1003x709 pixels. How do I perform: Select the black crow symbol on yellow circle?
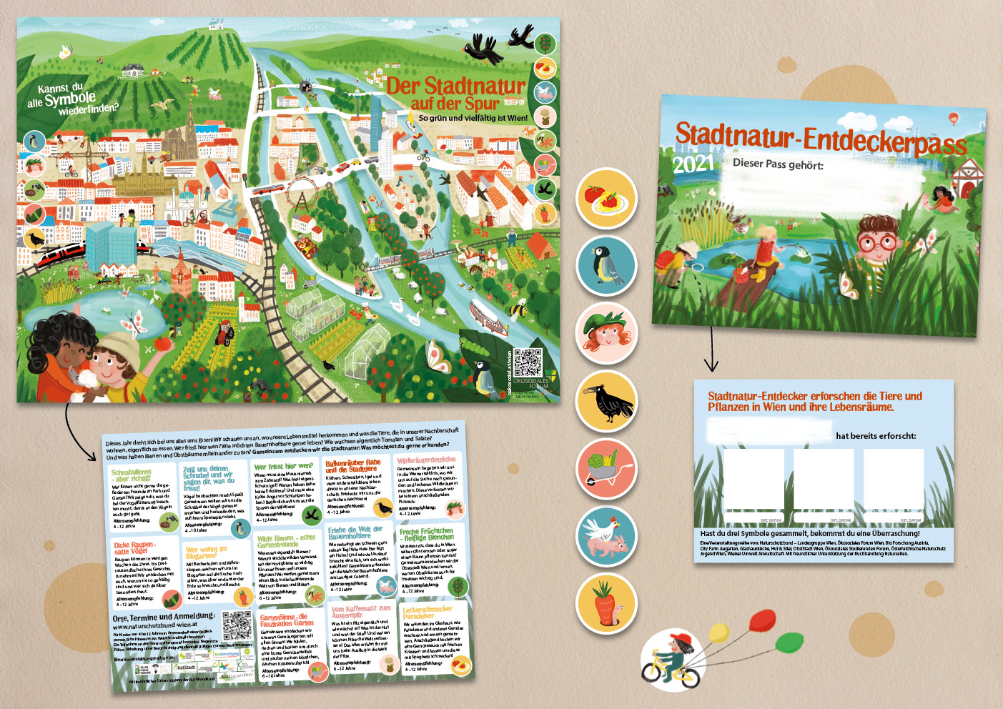tap(606, 402)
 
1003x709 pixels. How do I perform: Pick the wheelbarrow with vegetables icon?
tap(606, 470)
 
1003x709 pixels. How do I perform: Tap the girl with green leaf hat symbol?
tap(606, 334)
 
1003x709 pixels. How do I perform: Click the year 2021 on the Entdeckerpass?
tap(693, 164)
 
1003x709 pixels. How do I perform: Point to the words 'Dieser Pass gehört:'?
tap(778, 164)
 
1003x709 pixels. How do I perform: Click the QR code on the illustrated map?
tap(528, 363)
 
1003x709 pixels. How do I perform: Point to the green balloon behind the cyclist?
tap(786, 640)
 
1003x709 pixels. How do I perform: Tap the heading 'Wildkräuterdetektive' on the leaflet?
tap(426, 461)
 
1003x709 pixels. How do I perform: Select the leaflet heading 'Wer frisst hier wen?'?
tap(283, 467)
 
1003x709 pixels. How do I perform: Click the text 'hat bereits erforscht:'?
tap(876, 436)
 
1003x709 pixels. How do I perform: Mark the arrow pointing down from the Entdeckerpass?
tap(711, 349)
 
